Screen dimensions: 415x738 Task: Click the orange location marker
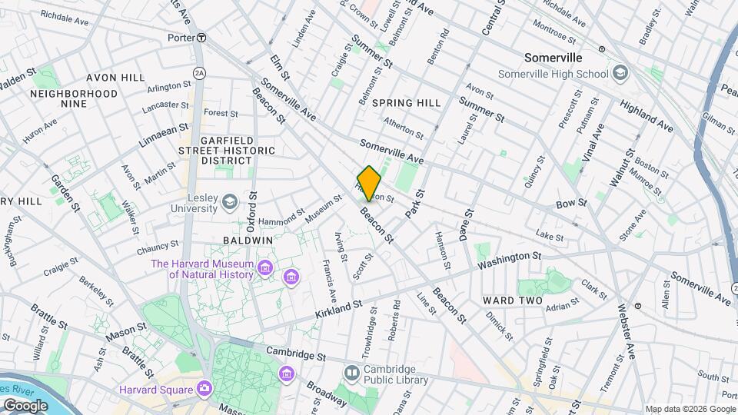[369, 183]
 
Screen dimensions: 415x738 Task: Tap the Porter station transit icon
[201, 37]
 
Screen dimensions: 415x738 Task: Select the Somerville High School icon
[620, 73]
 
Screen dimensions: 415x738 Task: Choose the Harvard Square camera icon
[204, 389]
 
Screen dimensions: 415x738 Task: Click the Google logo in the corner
[25, 405]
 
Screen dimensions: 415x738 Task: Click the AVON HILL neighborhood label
[115, 78]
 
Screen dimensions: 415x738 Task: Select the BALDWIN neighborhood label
[248, 240]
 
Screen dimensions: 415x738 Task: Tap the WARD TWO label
[513, 300]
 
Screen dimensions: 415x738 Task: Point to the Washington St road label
[509, 260]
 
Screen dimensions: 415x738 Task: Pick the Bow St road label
[571, 204]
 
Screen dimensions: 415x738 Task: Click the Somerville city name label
[553, 58]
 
